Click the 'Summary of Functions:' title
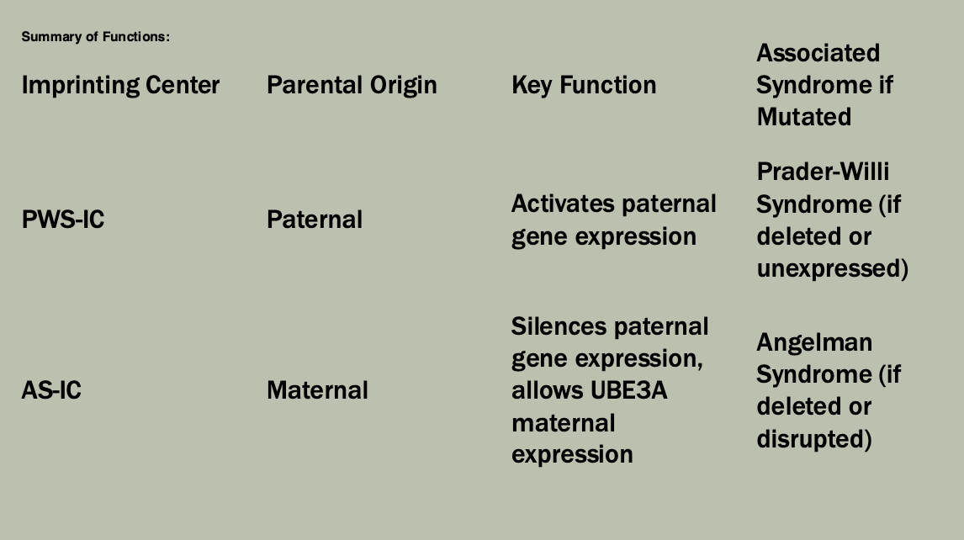tap(95, 37)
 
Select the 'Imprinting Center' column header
tap(120, 85)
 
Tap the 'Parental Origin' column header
tap(352, 85)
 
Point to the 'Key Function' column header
tap(584, 85)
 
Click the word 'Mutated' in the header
tap(803, 117)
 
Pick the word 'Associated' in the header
tap(818, 53)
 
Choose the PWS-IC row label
tap(63, 220)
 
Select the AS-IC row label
tap(51, 390)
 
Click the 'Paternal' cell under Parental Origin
tap(315, 220)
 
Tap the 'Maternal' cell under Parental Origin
tap(317, 390)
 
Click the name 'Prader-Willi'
tap(823, 172)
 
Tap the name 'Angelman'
tap(814, 342)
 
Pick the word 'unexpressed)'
tap(833, 268)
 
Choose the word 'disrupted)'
tap(814, 438)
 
